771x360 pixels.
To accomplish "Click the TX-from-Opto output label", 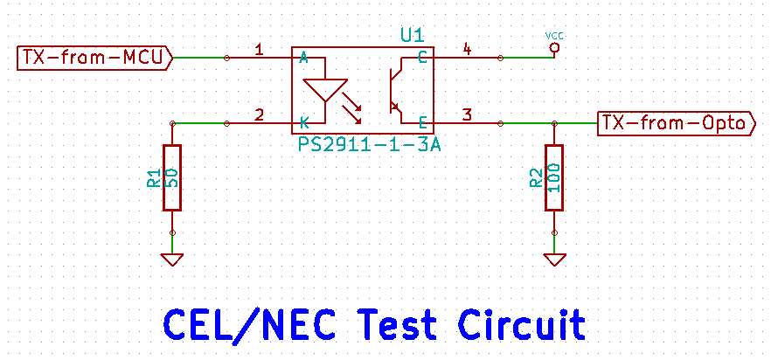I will point(675,123).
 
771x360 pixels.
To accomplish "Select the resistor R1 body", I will point(172,177).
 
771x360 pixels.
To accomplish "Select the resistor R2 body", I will point(553,177).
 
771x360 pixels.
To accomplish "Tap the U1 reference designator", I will point(412,36).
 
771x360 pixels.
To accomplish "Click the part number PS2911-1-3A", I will point(369,142).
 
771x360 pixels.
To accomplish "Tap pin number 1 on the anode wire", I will point(259,50).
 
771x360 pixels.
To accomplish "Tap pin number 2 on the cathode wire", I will point(259,114).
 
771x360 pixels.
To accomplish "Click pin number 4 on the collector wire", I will point(467,50).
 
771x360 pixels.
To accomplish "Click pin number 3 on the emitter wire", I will point(467,114).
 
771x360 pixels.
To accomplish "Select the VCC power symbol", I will point(553,45).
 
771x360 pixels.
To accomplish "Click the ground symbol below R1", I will point(172,259).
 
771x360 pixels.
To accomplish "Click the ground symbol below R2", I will point(553,259).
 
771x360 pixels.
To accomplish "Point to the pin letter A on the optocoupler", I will point(303,59).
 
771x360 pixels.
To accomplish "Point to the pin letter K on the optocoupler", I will point(303,123).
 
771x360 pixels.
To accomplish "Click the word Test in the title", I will point(394,324).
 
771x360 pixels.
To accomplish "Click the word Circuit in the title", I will point(522,324).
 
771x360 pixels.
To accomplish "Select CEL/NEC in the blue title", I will point(249,324).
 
